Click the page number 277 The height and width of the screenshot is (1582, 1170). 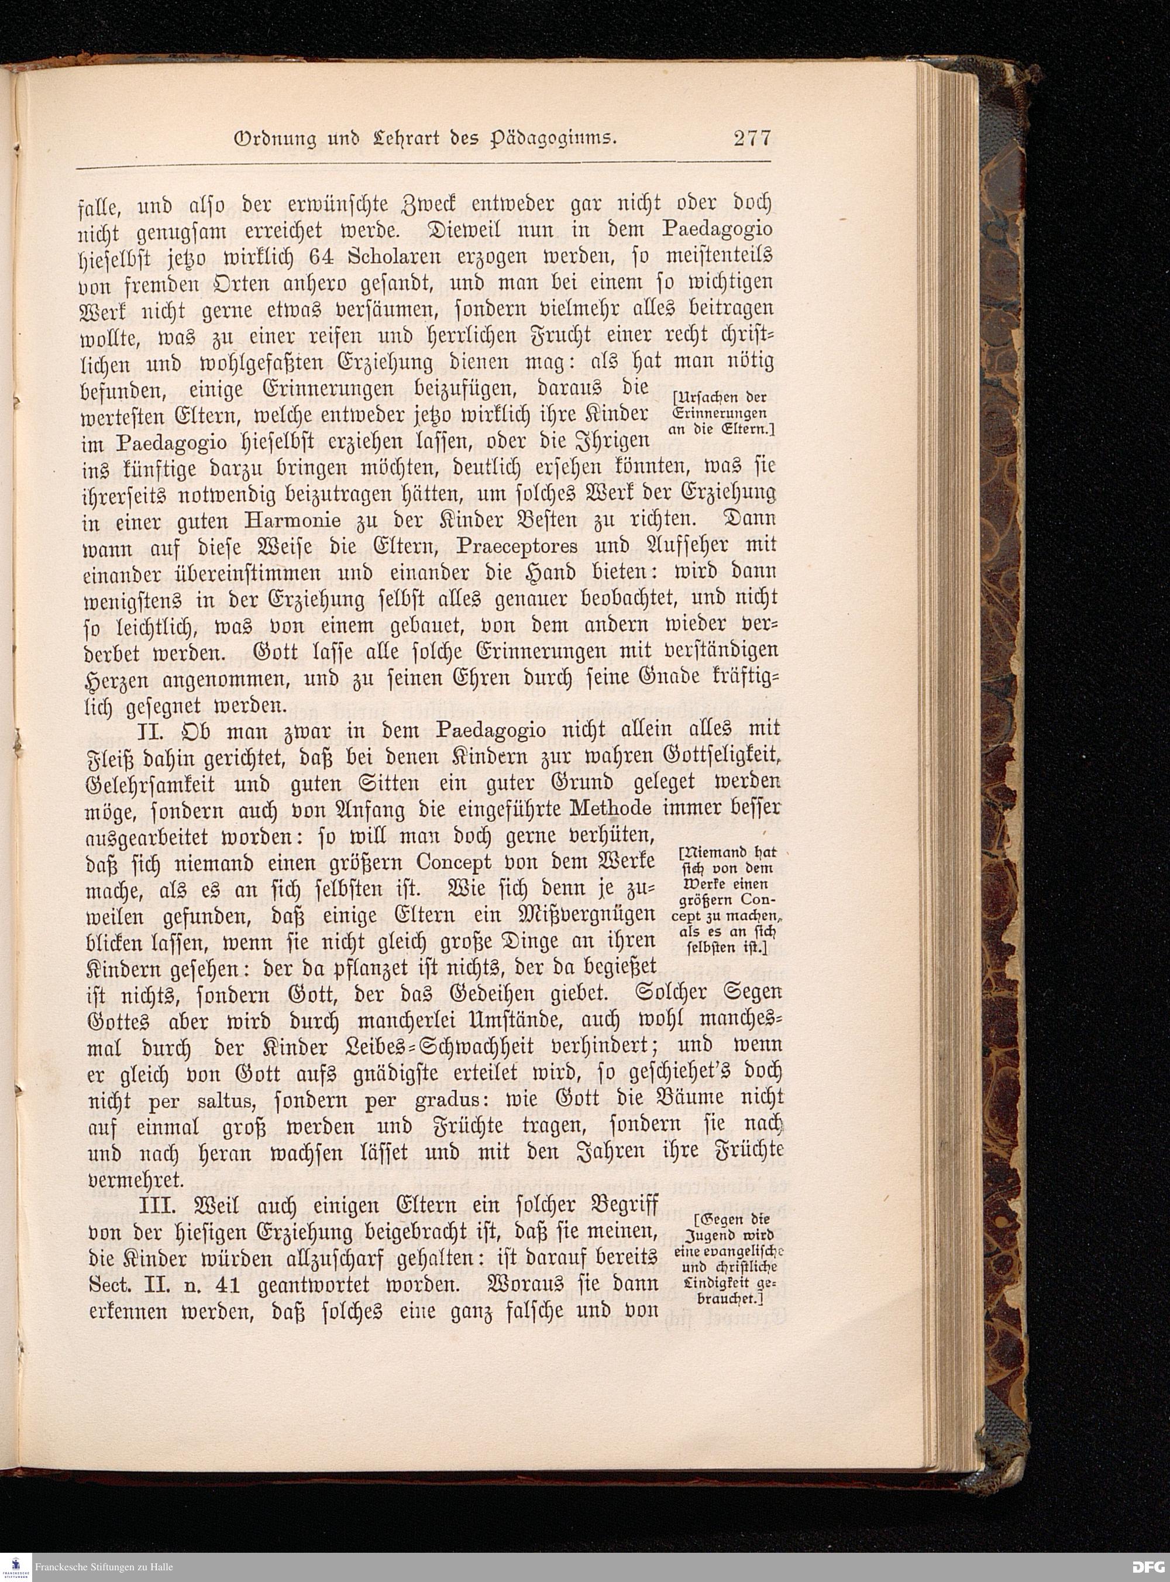pos(752,137)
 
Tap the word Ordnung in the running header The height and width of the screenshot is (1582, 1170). pos(269,139)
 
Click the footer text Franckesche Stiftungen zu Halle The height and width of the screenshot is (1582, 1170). pos(104,1567)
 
